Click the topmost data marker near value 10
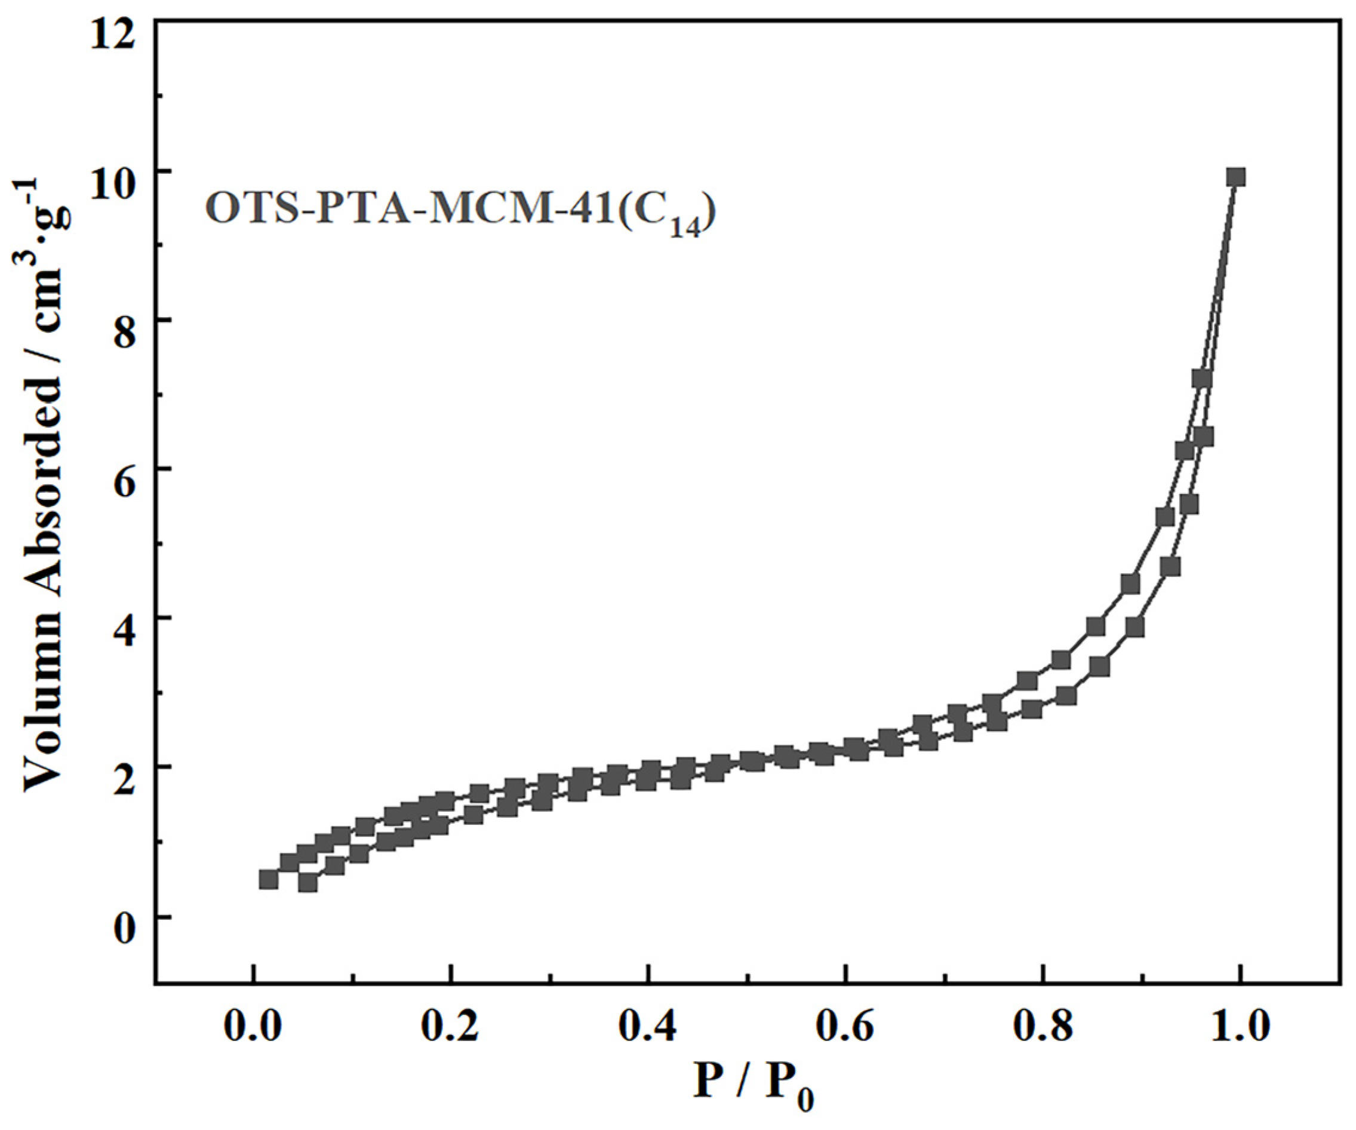1235,177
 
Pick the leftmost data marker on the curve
269,880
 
